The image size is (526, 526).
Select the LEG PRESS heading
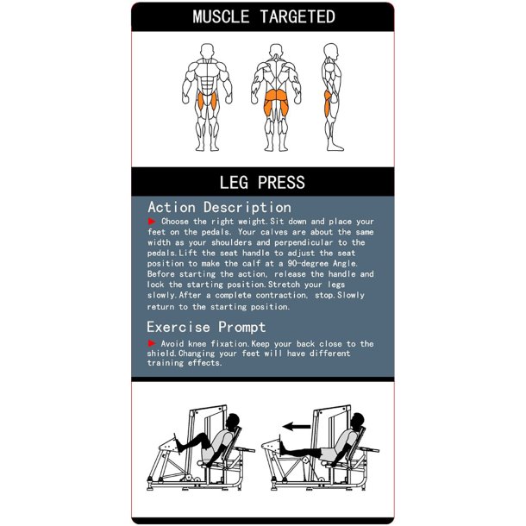coord(262,183)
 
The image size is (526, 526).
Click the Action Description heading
coord(219,207)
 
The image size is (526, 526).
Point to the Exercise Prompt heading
coord(206,327)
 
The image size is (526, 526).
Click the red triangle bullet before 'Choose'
coord(153,222)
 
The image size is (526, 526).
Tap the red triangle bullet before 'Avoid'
coord(153,343)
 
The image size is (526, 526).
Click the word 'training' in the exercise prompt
coord(172,363)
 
